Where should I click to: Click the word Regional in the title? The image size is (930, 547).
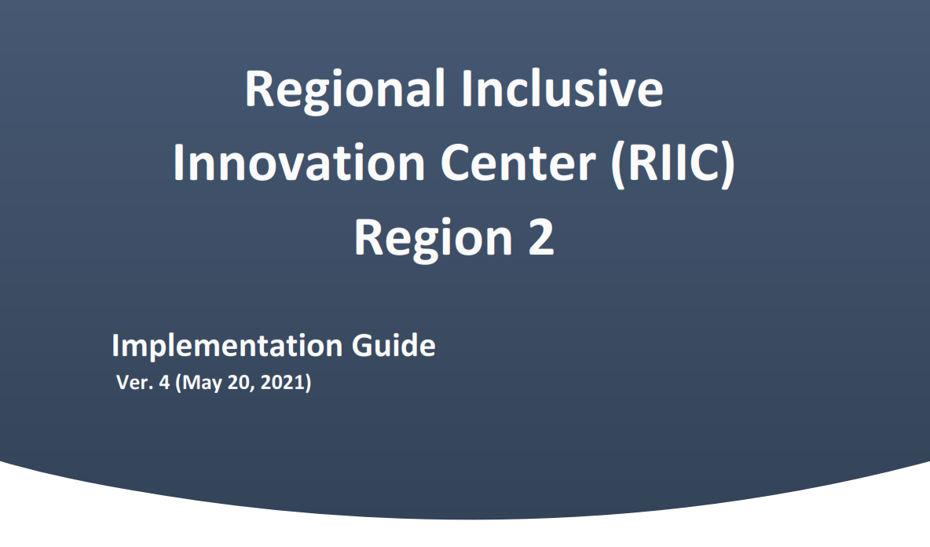345,90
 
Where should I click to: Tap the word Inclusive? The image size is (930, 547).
562,88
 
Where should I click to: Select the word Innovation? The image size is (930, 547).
299,163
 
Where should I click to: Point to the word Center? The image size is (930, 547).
518,163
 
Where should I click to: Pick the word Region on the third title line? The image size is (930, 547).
433,238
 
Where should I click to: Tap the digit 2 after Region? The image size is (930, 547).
541,237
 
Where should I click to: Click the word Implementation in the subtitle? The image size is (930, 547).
227,346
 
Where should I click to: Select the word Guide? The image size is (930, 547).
394,345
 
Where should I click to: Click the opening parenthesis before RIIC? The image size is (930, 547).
618,165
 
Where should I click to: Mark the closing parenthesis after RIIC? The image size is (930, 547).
729,165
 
